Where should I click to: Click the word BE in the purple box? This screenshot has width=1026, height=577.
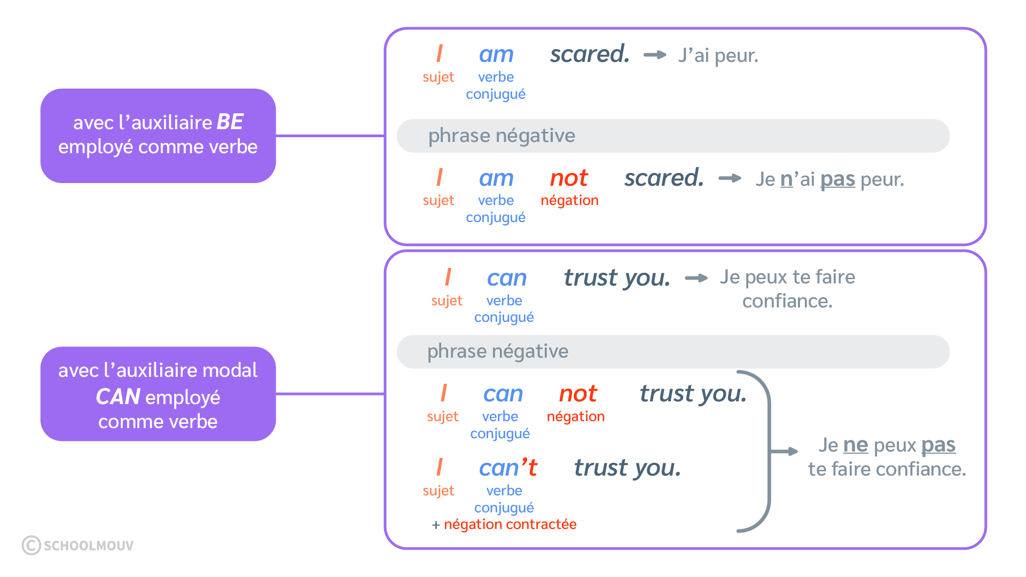coord(230,122)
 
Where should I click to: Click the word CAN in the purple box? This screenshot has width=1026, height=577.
coord(118,397)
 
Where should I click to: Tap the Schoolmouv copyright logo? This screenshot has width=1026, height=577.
coord(77,545)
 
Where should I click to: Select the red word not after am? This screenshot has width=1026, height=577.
coord(569,178)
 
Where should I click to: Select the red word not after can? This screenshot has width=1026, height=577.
coord(578,394)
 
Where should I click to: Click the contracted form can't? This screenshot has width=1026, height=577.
coord(508,468)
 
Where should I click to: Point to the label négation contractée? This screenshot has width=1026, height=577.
coord(510,524)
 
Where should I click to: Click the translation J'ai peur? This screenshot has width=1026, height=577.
coord(718,56)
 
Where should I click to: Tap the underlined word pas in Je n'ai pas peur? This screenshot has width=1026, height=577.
coord(837,179)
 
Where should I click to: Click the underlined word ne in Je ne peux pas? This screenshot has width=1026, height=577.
coord(855,445)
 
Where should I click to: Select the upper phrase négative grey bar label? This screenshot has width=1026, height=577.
coord(502,136)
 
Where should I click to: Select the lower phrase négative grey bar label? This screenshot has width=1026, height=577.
coord(497,351)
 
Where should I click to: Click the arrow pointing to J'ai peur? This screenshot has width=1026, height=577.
coord(655,54)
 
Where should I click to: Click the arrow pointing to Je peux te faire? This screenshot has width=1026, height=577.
coord(696,278)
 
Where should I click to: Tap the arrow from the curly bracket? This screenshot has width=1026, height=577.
coord(785,452)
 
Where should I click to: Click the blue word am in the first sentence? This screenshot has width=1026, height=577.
coord(496,54)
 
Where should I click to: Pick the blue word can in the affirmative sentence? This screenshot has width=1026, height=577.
coord(506,278)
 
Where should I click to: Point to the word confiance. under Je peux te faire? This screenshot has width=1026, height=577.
coord(787,301)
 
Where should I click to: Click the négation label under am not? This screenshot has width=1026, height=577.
coord(569,201)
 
